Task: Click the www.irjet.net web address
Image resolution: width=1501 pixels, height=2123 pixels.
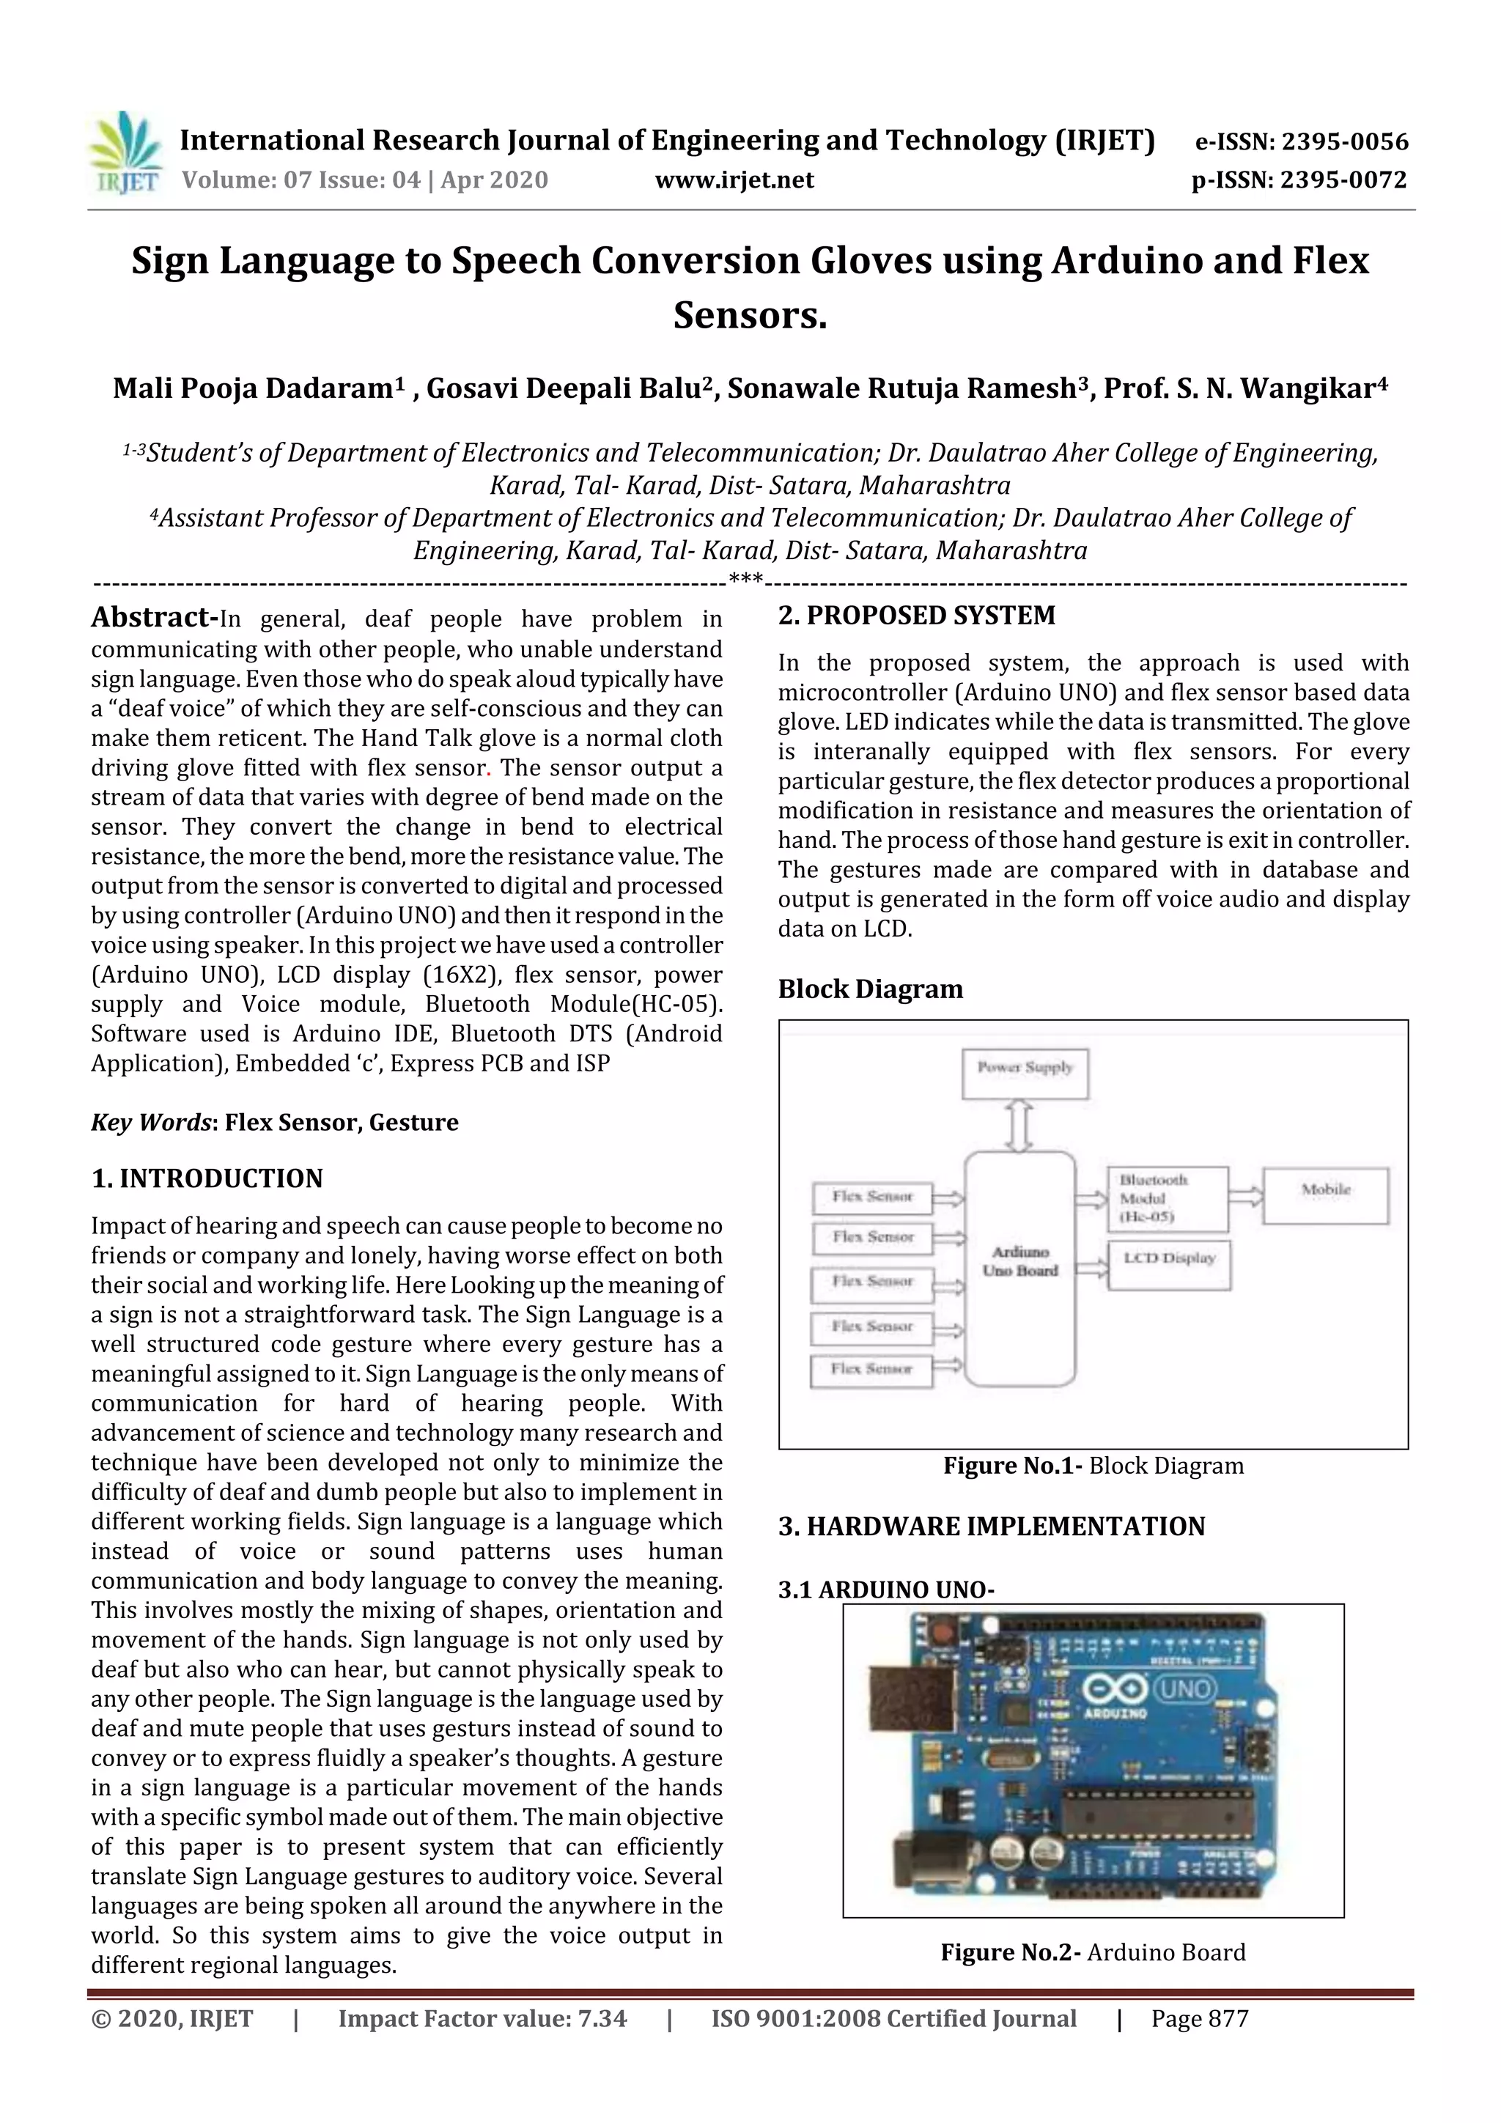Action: [x=734, y=180]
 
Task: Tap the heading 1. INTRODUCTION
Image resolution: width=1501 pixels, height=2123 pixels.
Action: [x=207, y=1179]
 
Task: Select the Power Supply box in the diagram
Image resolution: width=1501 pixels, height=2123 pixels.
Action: [x=1025, y=1074]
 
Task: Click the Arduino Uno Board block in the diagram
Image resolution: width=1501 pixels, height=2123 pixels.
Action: [x=1020, y=1268]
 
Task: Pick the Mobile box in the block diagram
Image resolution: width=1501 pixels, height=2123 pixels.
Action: [x=1325, y=1195]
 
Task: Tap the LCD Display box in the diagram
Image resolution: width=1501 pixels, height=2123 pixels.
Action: [x=1169, y=1264]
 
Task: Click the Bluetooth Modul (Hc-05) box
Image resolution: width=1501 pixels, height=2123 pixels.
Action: [x=1167, y=1198]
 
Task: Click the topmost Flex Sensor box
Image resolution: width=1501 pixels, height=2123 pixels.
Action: [x=871, y=1198]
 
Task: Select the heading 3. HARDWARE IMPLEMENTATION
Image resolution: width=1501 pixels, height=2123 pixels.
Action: [x=992, y=1526]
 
